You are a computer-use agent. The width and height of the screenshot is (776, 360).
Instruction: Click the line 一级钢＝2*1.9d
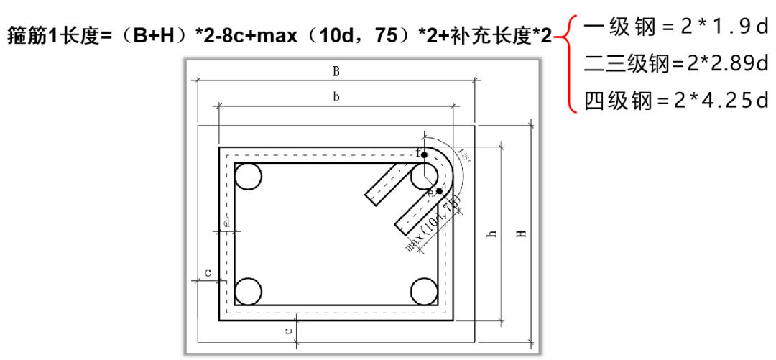point(675,28)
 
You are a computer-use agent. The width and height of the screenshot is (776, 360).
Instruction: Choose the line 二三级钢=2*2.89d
point(675,65)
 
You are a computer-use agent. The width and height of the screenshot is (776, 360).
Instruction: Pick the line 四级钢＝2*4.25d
point(675,101)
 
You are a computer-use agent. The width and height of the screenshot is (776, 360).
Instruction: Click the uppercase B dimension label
point(336,71)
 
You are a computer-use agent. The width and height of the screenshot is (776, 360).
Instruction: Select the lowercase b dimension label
point(336,97)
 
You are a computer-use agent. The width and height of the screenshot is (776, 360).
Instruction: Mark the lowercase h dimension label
point(492,235)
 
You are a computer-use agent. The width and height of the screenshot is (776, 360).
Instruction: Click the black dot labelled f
point(425,154)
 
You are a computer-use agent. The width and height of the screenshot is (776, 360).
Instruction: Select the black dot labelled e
point(439,191)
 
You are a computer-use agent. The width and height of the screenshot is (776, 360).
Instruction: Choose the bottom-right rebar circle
point(424,291)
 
